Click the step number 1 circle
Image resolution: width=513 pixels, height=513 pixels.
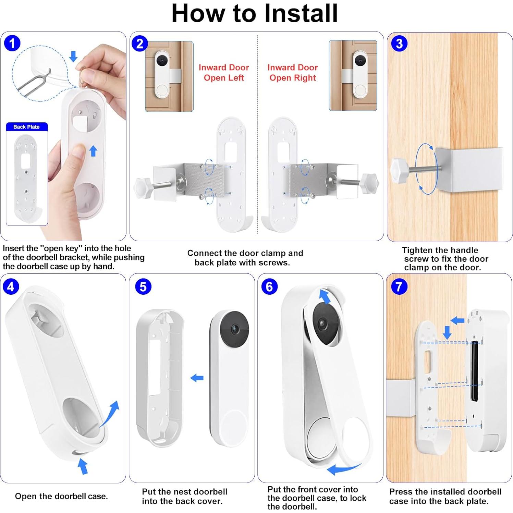(12, 44)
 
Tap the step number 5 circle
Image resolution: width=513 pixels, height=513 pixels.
(143, 286)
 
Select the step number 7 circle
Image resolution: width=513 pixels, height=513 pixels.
(399, 286)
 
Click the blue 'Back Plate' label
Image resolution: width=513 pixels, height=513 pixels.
(26, 127)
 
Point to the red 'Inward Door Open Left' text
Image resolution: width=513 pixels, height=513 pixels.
(224, 73)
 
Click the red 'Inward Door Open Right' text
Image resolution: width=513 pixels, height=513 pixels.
(293, 73)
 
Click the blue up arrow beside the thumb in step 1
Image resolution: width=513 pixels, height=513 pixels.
(93, 150)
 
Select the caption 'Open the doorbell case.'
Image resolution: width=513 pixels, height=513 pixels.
(61, 496)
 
